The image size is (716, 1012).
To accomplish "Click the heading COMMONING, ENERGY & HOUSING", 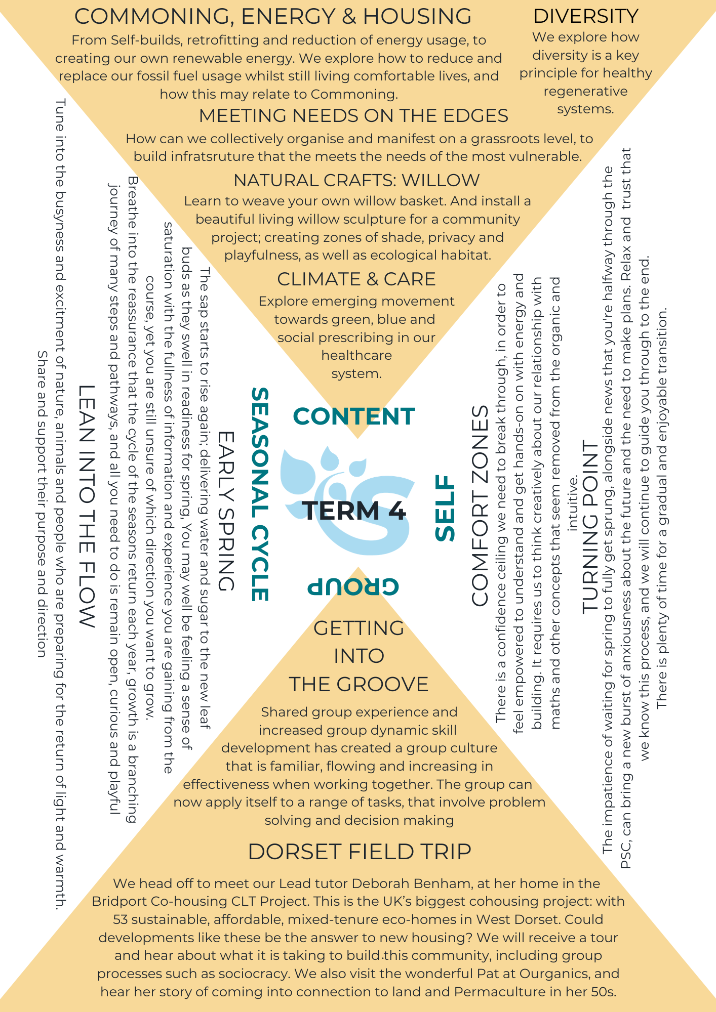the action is click(273, 16).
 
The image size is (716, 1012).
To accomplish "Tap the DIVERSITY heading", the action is click(585, 16).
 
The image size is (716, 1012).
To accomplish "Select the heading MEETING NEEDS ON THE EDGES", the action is click(353, 116).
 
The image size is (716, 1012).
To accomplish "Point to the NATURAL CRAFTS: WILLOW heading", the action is click(356, 180).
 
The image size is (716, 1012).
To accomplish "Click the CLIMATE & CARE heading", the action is click(356, 279).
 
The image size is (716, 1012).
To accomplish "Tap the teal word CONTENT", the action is click(354, 416).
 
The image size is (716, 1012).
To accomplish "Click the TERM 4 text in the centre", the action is click(354, 511).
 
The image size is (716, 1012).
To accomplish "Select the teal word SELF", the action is click(446, 508).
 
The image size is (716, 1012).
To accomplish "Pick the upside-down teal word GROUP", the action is click(353, 586).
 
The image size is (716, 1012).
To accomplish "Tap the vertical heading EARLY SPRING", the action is click(226, 511).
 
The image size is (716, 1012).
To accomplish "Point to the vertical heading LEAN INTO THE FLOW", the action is click(87, 506).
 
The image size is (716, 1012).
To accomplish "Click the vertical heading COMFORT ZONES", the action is click(480, 505).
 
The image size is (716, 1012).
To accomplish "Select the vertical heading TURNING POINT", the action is click(590, 527).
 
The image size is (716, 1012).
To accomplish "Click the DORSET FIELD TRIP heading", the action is click(360, 852).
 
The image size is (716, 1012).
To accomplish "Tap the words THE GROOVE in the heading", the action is click(359, 684).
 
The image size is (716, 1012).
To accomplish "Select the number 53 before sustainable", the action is click(121, 919).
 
